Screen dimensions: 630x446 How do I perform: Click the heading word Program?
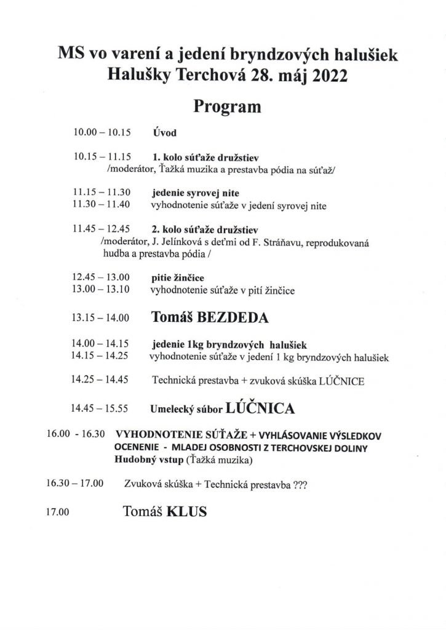(x=228, y=106)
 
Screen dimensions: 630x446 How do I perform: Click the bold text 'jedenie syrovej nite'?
(x=191, y=193)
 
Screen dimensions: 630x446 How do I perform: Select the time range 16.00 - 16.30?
(x=76, y=434)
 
